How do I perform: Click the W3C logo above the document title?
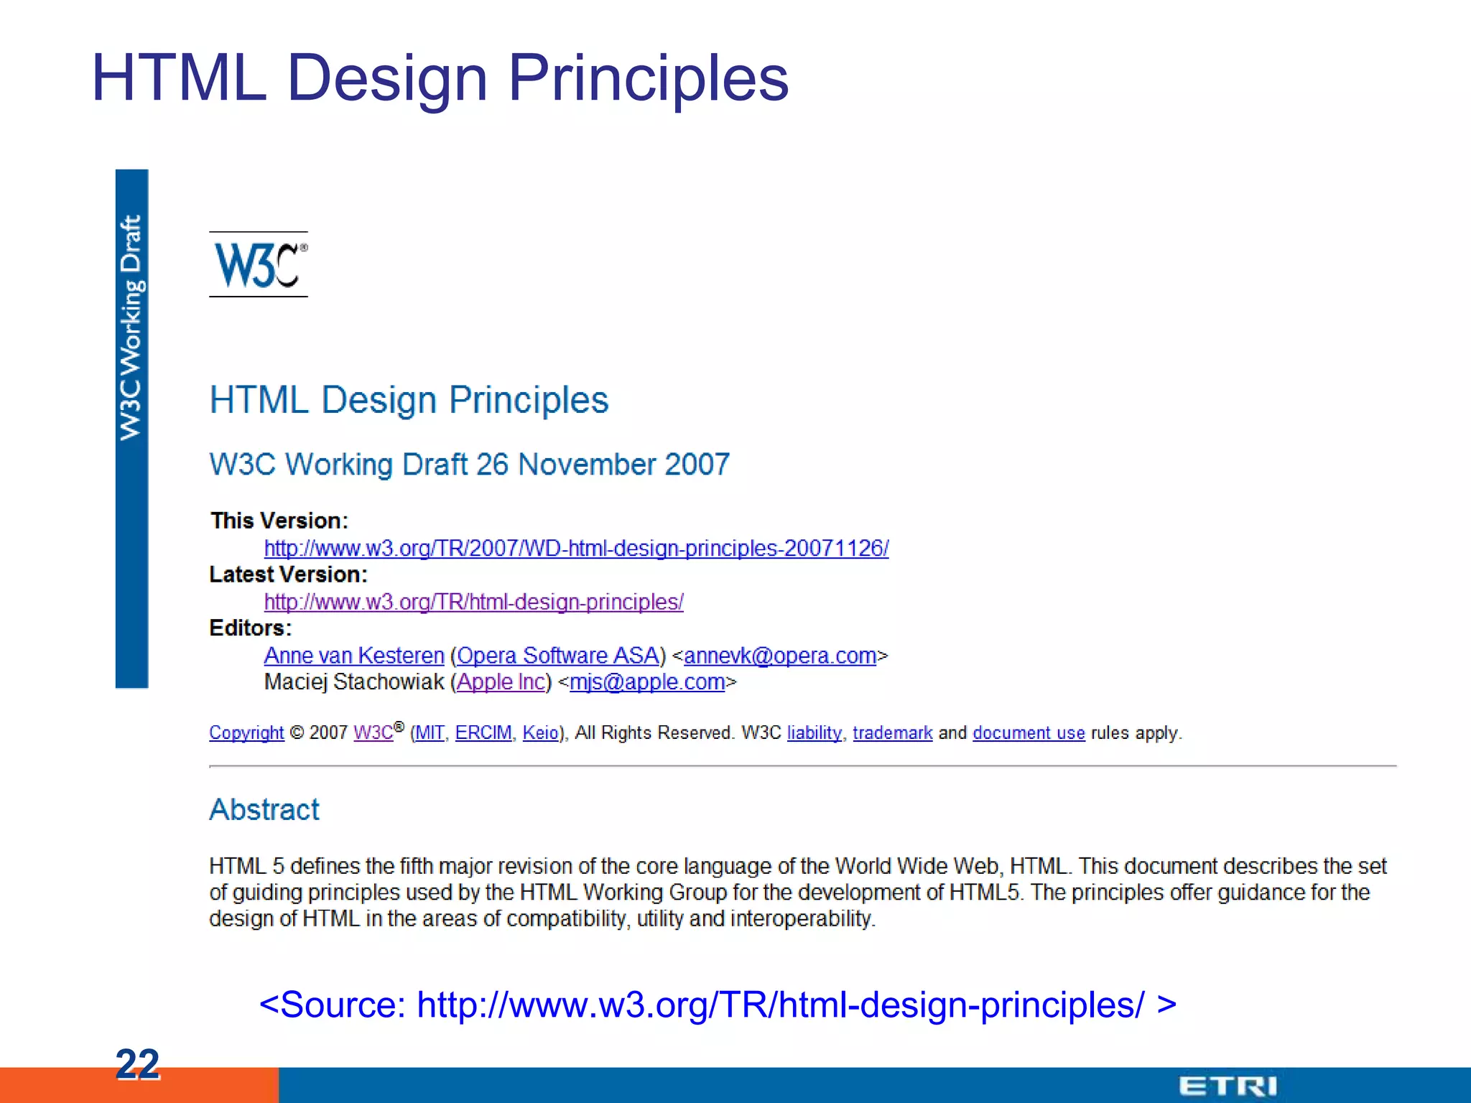(259, 265)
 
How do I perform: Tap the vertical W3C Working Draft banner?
(131, 429)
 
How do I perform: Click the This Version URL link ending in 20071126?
(576, 549)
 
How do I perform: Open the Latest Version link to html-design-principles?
(473, 602)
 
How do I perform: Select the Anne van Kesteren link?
(354, 656)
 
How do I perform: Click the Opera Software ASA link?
(558, 656)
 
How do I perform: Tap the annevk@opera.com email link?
(780, 656)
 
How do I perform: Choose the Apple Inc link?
(501, 681)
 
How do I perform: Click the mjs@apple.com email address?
(647, 681)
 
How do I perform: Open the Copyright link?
(246, 733)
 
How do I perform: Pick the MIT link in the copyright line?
(430, 733)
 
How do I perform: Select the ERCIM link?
(483, 733)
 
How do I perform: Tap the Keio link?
(540, 733)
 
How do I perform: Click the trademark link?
(892, 733)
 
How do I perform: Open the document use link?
(1029, 733)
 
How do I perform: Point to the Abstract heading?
(264, 810)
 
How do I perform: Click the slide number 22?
(137, 1064)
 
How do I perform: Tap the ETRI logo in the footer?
(1228, 1086)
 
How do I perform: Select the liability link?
(814, 733)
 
